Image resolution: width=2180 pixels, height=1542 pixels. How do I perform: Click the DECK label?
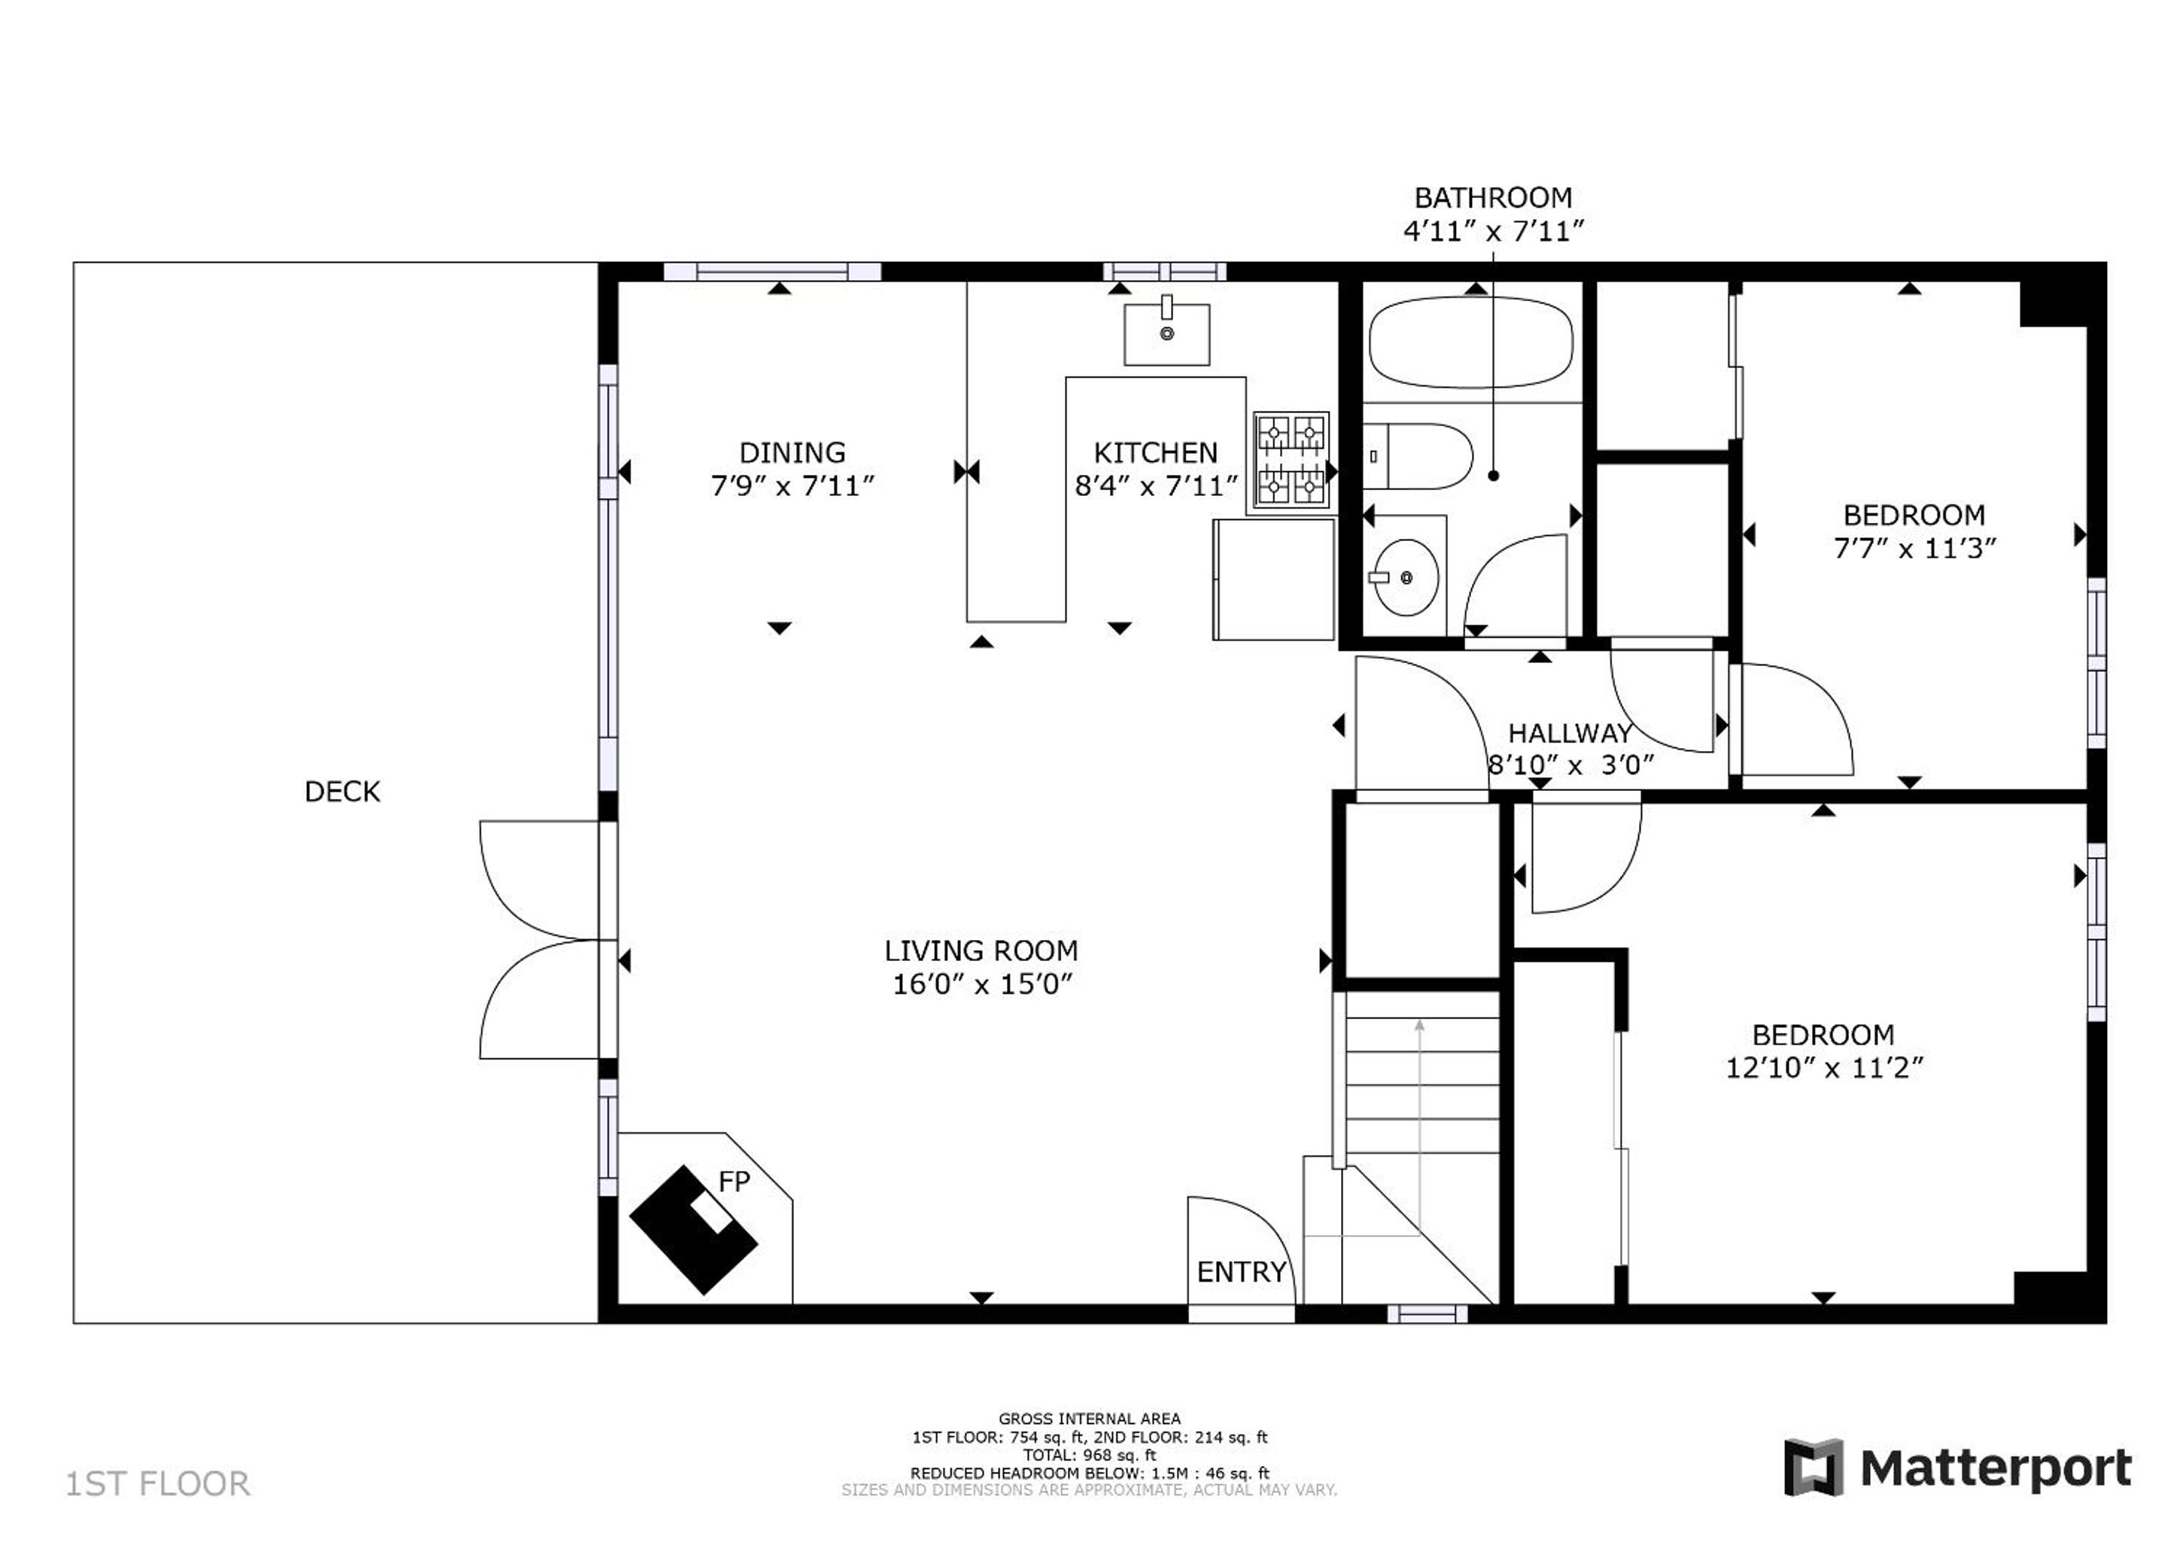[342, 791]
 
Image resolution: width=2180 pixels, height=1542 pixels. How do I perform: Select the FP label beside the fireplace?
[734, 1182]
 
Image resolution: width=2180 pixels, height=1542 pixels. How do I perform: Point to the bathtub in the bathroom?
[1470, 342]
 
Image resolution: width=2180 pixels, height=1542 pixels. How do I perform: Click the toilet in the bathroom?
[1418, 456]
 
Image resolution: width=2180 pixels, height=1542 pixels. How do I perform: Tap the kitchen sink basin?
[1167, 333]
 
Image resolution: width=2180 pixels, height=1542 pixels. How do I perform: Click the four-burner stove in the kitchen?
[1291, 460]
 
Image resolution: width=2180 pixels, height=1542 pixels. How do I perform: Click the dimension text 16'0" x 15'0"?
[982, 984]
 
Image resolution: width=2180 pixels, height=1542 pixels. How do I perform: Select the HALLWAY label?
[1570, 733]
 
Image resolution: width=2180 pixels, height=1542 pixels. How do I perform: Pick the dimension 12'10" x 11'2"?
[1824, 1068]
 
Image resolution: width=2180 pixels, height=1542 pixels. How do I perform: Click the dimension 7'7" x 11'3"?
[1914, 549]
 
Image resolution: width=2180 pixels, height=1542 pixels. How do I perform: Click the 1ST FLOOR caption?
[157, 1484]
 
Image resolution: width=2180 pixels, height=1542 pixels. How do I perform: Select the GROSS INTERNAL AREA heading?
[1089, 1419]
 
